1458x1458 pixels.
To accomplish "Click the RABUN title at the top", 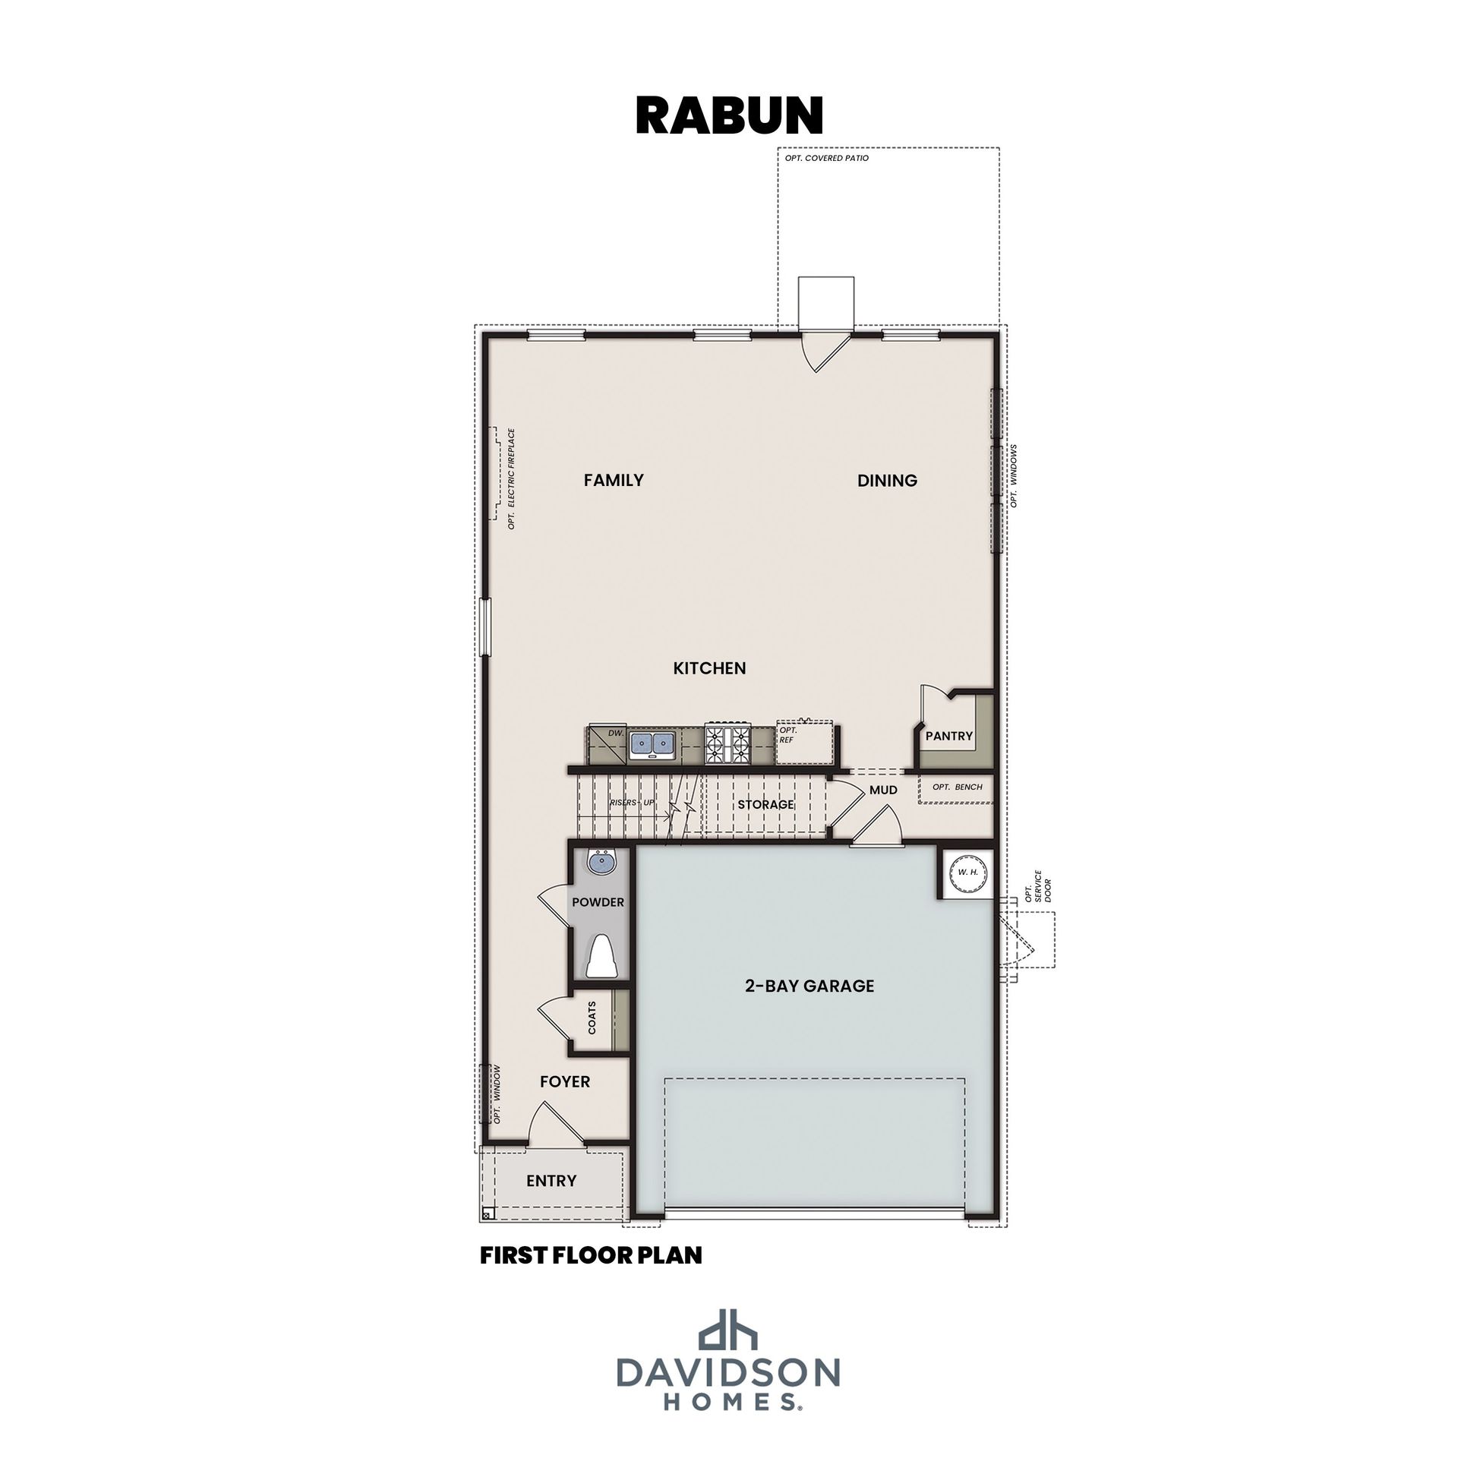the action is click(x=729, y=115).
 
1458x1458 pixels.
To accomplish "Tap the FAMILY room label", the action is click(x=614, y=480).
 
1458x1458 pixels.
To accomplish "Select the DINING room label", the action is click(x=887, y=480).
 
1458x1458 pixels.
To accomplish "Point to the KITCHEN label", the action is click(x=709, y=668).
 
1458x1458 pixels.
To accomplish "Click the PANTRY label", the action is click(x=949, y=736).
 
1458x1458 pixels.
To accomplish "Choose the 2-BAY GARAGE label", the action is click(x=809, y=986).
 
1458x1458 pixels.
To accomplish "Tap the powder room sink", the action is click(x=603, y=863).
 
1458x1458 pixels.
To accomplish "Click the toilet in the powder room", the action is click(x=603, y=956).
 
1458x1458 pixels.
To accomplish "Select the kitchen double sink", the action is click(x=653, y=744).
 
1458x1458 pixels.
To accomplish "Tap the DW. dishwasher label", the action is click(x=616, y=734).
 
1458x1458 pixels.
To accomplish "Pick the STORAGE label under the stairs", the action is click(x=765, y=804).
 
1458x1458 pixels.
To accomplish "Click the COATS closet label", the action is click(x=592, y=1017).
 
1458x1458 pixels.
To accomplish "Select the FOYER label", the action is click(x=565, y=1081).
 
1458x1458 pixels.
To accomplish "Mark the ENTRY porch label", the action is click(x=551, y=1181).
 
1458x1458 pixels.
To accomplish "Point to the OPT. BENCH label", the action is click(x=958, y=787).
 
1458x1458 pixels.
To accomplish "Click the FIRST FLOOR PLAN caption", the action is click(x=591, y=1255).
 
